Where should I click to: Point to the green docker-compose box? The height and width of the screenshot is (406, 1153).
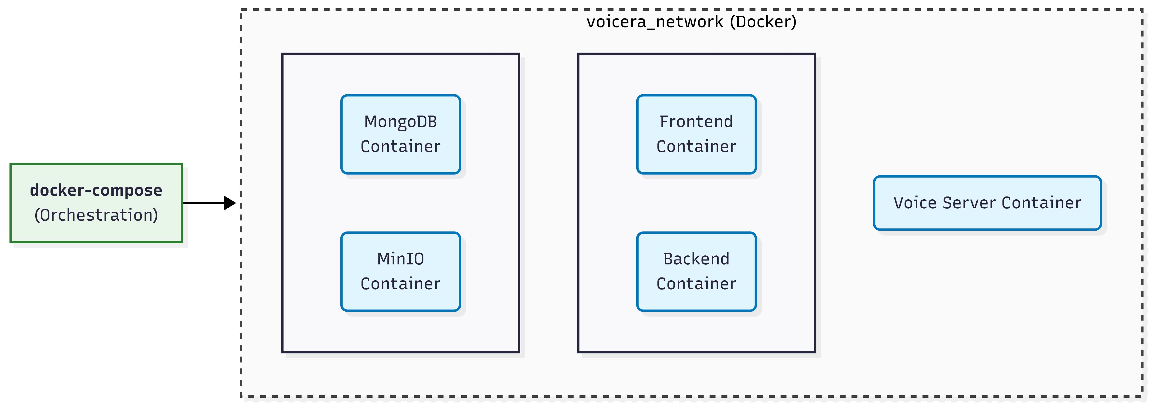(x=96, y=203)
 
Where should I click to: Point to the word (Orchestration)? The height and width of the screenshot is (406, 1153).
(x=96, y=215)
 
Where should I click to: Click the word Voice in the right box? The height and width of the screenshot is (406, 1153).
(x=915, y=203)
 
